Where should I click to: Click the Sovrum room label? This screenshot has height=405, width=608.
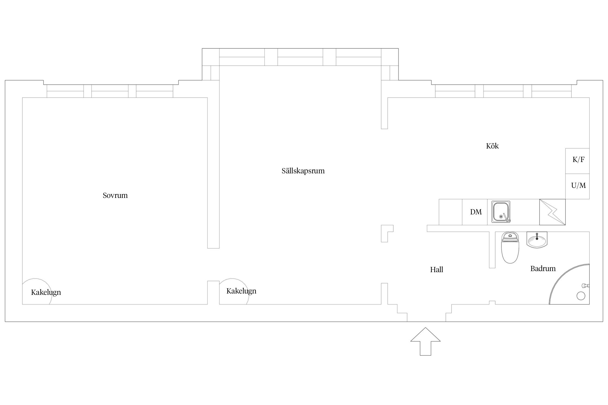(115, 195)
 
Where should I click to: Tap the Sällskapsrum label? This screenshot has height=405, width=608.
(303, 171)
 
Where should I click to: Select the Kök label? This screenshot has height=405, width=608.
(492, 146)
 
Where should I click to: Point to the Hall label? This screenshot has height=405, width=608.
(436, 269)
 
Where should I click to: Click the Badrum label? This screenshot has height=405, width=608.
(543, 269)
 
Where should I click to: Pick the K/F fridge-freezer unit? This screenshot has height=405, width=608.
(577, 161)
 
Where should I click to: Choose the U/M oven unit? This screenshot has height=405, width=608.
(577, 186)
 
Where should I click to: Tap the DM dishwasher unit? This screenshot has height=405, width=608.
(475, 212)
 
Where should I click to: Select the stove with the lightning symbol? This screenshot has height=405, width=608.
(552, 212)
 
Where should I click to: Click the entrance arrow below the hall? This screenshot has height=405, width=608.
(425, 342)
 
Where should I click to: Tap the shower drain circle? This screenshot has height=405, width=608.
(581, 296)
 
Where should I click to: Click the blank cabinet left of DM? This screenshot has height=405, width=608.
(450, 212)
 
